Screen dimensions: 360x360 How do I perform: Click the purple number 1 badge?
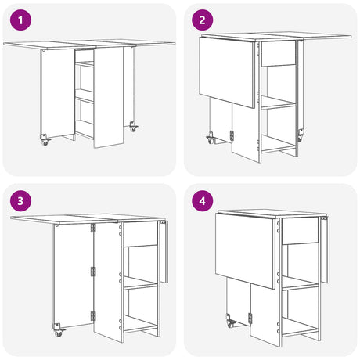tap(20, 20)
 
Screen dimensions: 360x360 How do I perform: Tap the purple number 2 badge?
tap(202, 20)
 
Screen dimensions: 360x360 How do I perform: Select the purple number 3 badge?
tap(20, 201)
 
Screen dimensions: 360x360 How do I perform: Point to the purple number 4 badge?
tap(202, 201)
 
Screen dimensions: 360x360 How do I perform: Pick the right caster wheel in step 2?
tap(301, 135)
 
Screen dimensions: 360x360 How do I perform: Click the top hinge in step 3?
tap(93, 228)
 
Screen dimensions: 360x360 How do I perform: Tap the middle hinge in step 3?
tap(93, 272)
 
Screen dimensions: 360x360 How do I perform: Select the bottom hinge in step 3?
tap(93, 316)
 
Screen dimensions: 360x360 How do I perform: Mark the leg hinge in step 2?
tap(232, 136)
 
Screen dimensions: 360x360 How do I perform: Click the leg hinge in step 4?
tap(250, 319)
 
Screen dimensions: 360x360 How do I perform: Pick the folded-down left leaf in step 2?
tap(227, 72)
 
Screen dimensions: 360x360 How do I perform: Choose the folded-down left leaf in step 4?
tap(244, 251)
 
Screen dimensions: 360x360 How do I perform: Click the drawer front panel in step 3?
tap(141, 234)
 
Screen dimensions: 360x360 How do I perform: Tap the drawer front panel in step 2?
tap(279, 53)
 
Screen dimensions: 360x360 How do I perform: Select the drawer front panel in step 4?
tap(301, 231)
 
